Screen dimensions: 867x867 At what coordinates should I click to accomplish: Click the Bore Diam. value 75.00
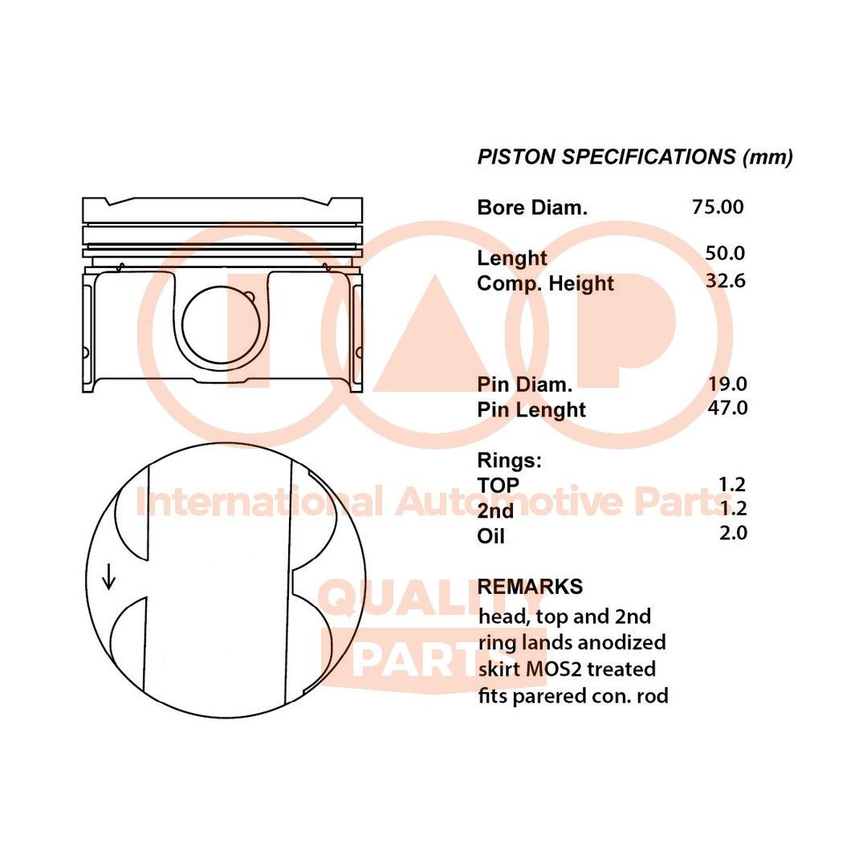[x=718, y=207]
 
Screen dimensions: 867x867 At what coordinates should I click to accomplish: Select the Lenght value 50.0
[x=725, y=253]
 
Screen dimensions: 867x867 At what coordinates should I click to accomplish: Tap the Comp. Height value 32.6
[x=726, y=281]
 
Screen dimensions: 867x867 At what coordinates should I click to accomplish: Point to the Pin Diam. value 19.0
[x=727, y=383]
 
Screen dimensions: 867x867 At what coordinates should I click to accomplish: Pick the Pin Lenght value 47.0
[x=727, y=408]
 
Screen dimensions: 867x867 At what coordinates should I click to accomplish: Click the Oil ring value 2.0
[x=733, y=533]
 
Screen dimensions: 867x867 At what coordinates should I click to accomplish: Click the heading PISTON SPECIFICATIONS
[x=607, y=157]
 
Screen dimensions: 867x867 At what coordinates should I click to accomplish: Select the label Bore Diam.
[x=532, y=208]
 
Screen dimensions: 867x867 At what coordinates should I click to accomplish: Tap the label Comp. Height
[x=545, y=283]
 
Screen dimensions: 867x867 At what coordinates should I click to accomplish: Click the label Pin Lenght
[x=531, y=409]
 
